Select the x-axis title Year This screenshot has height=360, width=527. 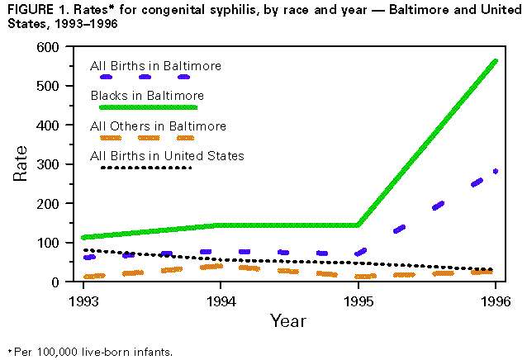point(289,320)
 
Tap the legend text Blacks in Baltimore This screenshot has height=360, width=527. point(147,96)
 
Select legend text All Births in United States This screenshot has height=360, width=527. point(167,156)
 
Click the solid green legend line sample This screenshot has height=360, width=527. point(148,107)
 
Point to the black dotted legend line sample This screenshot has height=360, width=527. point(145,168)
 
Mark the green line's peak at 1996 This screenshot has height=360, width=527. point(495,61)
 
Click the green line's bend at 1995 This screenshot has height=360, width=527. point(358,225)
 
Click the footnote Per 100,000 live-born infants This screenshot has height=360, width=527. point(91,353)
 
